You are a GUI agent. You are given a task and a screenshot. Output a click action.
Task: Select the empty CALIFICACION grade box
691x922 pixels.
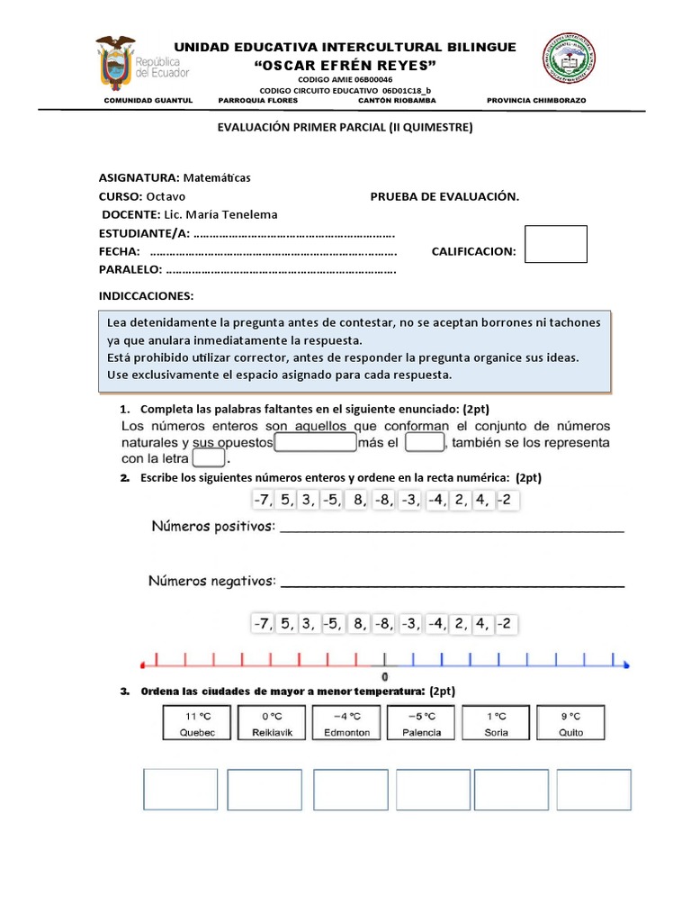click(x=555, y=244)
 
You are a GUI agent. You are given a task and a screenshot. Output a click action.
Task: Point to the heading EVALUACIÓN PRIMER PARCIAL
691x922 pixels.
click(x=345, y=128)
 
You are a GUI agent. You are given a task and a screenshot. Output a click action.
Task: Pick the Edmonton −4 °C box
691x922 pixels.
click(x=346, y=724)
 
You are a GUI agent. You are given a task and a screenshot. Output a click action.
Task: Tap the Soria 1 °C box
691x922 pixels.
click(x=496, y=724)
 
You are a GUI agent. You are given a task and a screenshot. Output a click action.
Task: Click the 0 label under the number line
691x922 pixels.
click(x=385, y=676)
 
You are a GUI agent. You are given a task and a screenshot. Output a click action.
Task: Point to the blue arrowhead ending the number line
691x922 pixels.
click(x=626, y=665)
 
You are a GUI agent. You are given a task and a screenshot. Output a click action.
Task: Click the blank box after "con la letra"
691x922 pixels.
click(x=209, y=458)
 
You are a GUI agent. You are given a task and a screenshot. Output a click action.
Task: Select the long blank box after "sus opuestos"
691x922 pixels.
click(x=315, y=442)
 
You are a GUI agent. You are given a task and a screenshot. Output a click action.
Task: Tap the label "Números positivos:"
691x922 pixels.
click(x=212, y=526)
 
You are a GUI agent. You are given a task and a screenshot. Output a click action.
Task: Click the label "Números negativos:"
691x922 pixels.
click(x=212, y=582)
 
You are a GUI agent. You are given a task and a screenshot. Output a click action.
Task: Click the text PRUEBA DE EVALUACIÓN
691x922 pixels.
click(x=444, y=196)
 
